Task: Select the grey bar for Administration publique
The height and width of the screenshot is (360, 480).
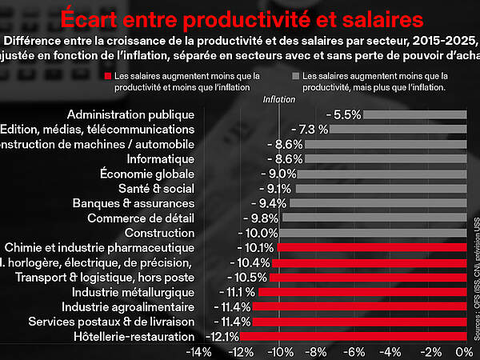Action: coord(414,114)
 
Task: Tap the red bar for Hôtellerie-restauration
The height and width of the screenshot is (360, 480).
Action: coord(352,336)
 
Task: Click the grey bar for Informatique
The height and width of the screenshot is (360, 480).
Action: coord(385,159)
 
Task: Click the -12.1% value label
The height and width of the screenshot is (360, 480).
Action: coord(222,336)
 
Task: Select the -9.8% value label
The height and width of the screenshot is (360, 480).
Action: coord(264,218)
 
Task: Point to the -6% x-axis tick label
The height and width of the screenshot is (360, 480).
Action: coord(353,352)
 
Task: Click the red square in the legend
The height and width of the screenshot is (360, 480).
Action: coord(107,76)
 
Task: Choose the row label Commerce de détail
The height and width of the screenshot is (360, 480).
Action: coord(141,218)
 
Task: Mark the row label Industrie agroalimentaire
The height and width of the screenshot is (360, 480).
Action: coord(128,306)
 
